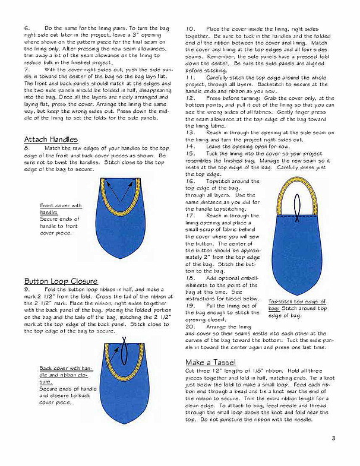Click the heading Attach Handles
point(51,139)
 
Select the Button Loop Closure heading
point(61,281)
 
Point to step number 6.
point(27,28)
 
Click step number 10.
point(190,28)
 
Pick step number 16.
point(190,180)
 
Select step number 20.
point(190,326)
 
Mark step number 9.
point(27,289)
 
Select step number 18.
point(190,277)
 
